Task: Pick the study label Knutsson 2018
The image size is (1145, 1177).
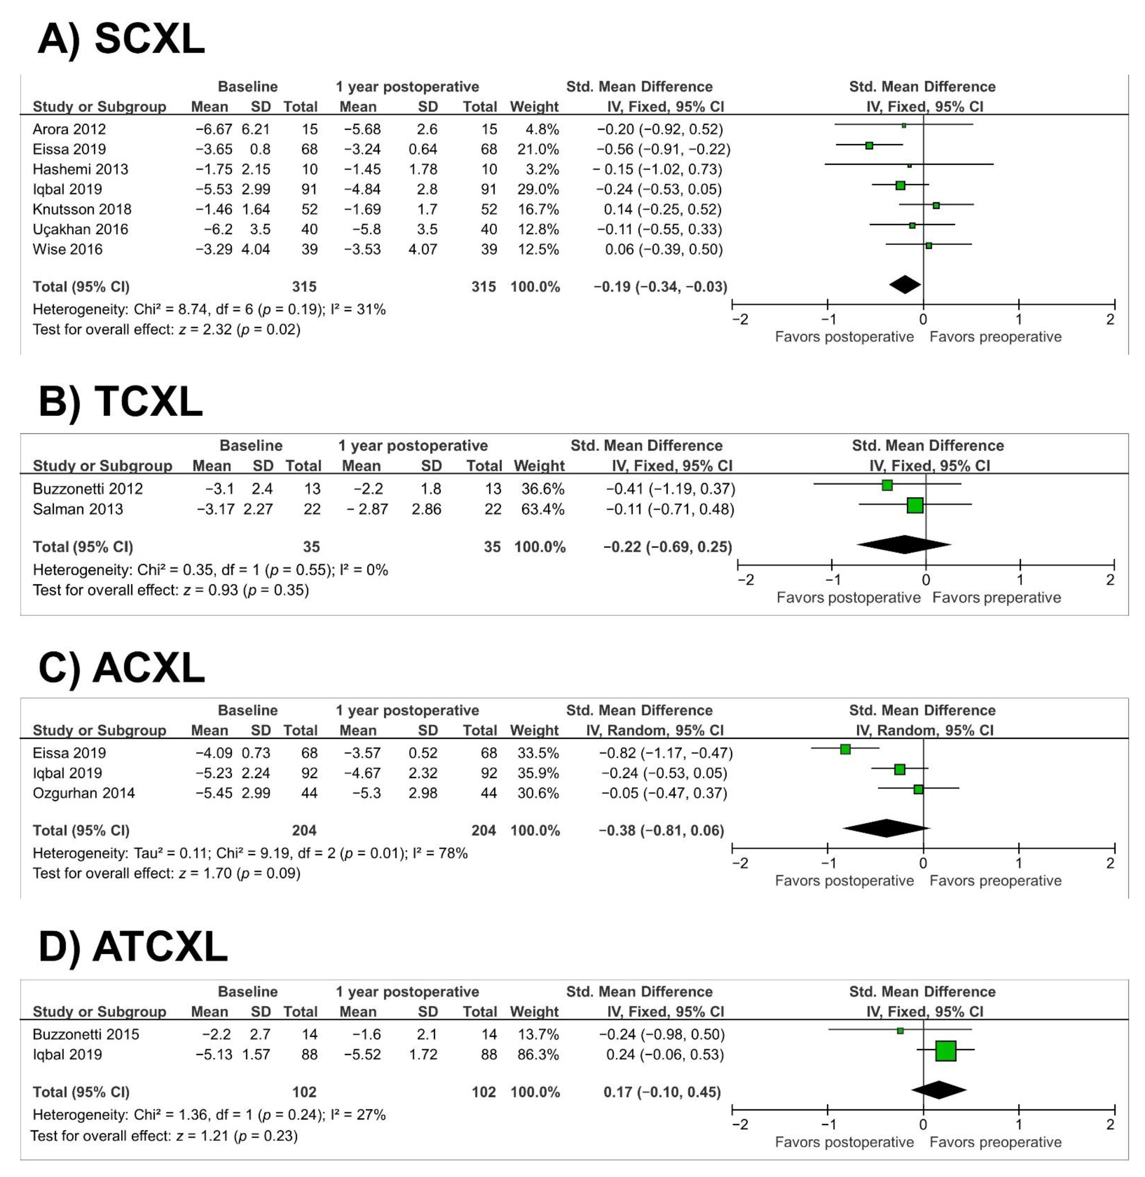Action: [82, 209]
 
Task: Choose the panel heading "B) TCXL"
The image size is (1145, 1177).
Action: [120, 402]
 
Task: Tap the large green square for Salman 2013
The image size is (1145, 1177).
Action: [915, 505]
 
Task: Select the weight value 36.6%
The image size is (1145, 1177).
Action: [542, 488]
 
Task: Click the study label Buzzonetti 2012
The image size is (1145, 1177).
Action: [88, 488]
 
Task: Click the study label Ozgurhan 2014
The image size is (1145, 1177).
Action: [83, 793]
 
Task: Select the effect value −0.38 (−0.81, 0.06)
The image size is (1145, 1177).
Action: [662, 830]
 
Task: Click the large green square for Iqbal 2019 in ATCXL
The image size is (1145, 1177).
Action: [945, 1051]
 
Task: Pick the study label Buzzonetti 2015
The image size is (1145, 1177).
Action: [86, 1034]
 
